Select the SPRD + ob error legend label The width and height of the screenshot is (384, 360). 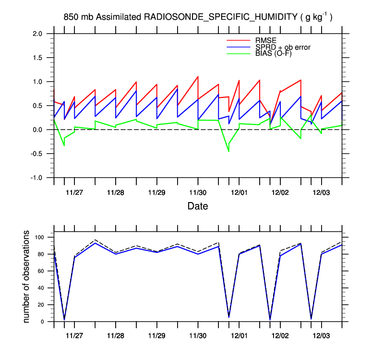pos(283,47)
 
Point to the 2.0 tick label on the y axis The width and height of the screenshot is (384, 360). pos(37,34)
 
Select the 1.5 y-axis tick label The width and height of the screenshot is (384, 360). pos(37,58)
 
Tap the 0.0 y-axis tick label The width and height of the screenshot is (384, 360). pos(37,130)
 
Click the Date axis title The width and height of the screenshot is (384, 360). pos(198,206)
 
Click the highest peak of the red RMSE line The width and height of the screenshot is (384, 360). pos(198,76)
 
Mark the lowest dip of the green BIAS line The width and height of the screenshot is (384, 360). pos(228,152)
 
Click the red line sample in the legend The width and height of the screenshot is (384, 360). pos(239,40)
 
